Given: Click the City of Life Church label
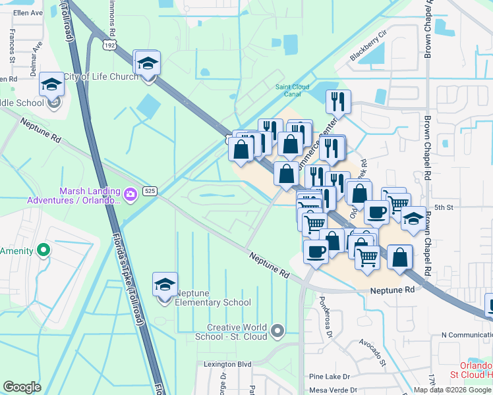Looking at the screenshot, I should click(x=106, y=76).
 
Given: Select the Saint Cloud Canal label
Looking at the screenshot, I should click(x=288, y=90).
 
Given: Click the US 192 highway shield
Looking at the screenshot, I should click(x=109, y=45).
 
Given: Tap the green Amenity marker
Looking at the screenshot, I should click(x=43, y=250).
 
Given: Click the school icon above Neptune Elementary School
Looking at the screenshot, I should click(x=165, y=285).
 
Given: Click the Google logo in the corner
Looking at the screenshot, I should click(x=22, y=386).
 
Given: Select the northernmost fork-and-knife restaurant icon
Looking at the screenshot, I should click(x=338, y=102).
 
